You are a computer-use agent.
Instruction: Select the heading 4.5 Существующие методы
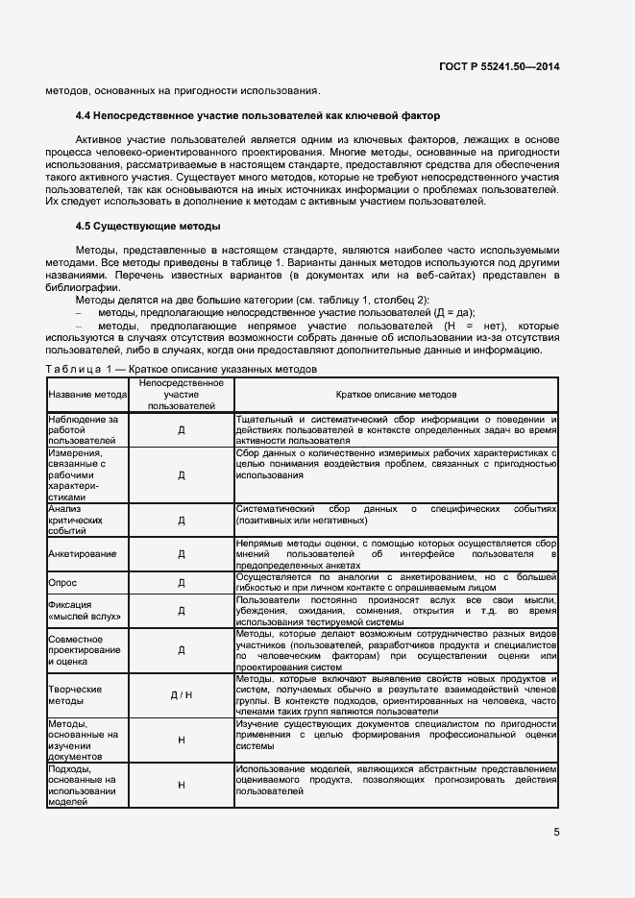148,227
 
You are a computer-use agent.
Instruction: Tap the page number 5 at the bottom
557,833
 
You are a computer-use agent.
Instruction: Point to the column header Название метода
87,395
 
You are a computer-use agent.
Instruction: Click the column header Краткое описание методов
396,395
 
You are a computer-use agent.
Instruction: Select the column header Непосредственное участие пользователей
182,395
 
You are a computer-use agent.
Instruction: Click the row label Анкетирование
83,554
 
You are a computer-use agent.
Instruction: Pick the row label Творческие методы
76,694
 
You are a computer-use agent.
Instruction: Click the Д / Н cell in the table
182,694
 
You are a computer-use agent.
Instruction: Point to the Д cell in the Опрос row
182,582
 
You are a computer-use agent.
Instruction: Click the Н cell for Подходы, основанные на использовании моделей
182,785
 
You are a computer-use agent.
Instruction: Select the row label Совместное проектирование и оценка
85,650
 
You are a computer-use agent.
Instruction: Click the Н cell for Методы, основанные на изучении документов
182,740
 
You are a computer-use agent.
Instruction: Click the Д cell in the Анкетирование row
182,554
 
